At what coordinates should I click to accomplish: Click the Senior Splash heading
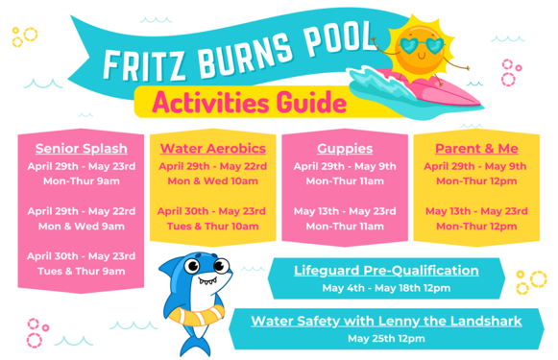[81, 149]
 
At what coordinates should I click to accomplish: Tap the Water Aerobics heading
[212, 149]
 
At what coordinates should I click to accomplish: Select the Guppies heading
[344, 149]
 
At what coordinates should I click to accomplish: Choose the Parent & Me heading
[475, 149]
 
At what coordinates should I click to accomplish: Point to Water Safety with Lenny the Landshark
[387, 321]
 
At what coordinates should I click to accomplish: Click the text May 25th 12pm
[386, 338]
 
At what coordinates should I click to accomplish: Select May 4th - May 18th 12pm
[386, 288]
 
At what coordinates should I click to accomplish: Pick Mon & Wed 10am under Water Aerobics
[212, 180]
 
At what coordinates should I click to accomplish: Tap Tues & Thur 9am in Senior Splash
[81, 272]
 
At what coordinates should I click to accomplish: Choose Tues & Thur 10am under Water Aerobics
[212, 227]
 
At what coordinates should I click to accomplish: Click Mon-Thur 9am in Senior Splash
[81, 180]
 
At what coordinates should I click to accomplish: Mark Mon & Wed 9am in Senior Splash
[81, 227]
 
